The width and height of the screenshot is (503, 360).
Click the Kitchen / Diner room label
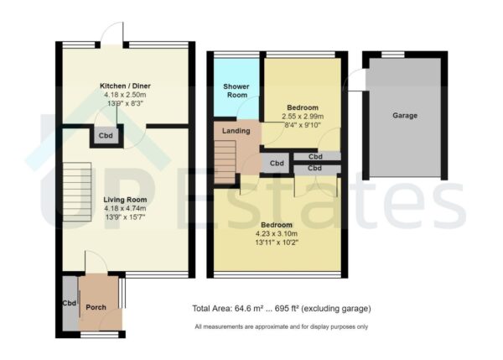(125, 86)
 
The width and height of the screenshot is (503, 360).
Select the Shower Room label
(235, 91)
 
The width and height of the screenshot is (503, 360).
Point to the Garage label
(405, 116)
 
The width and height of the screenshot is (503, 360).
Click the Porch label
(96, 308)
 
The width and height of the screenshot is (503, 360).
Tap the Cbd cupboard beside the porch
(69, 304)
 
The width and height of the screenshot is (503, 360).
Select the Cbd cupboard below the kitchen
(106, 135)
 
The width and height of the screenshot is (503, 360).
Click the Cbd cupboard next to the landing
(277, 163)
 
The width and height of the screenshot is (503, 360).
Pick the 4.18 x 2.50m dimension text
(125, 96)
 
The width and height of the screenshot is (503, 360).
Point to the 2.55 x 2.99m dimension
(303, 117)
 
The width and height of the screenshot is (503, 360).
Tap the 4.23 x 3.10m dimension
(276, 234)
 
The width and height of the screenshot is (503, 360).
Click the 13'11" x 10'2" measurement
(276, 243)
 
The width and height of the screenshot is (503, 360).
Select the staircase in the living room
(75, 191)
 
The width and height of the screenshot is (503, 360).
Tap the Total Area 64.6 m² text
(281, 308)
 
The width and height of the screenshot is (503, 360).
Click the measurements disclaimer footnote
(281, 326)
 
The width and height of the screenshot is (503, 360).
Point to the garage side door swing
(355, 79)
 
